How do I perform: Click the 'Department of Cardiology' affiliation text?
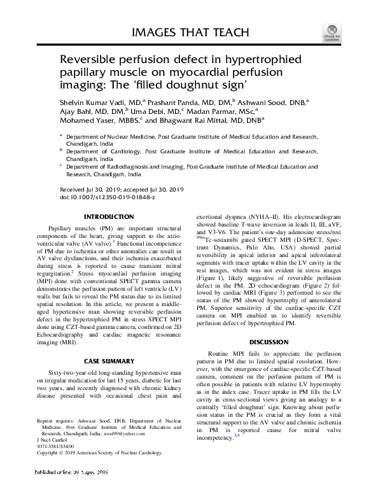point(103,151)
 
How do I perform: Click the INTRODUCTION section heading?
point(109,217)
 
